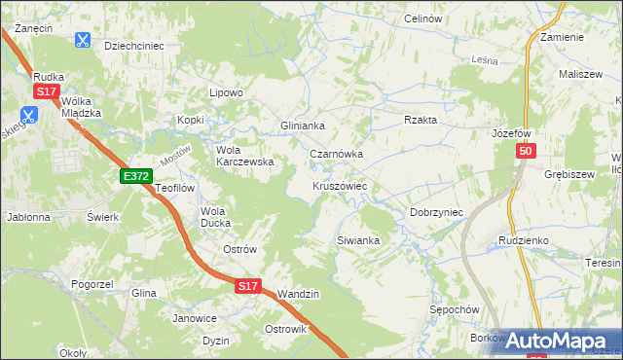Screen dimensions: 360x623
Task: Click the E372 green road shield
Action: point(136,176)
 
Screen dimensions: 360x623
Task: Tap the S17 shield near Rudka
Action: point(46,91)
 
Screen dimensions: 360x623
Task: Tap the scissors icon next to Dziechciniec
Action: point(83,40)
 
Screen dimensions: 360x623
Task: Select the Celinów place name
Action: point(423,19)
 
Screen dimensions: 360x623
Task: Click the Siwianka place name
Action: point(356,239)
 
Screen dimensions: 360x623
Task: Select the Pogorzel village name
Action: point(93,284)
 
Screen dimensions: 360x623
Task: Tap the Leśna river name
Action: point(484,60)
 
